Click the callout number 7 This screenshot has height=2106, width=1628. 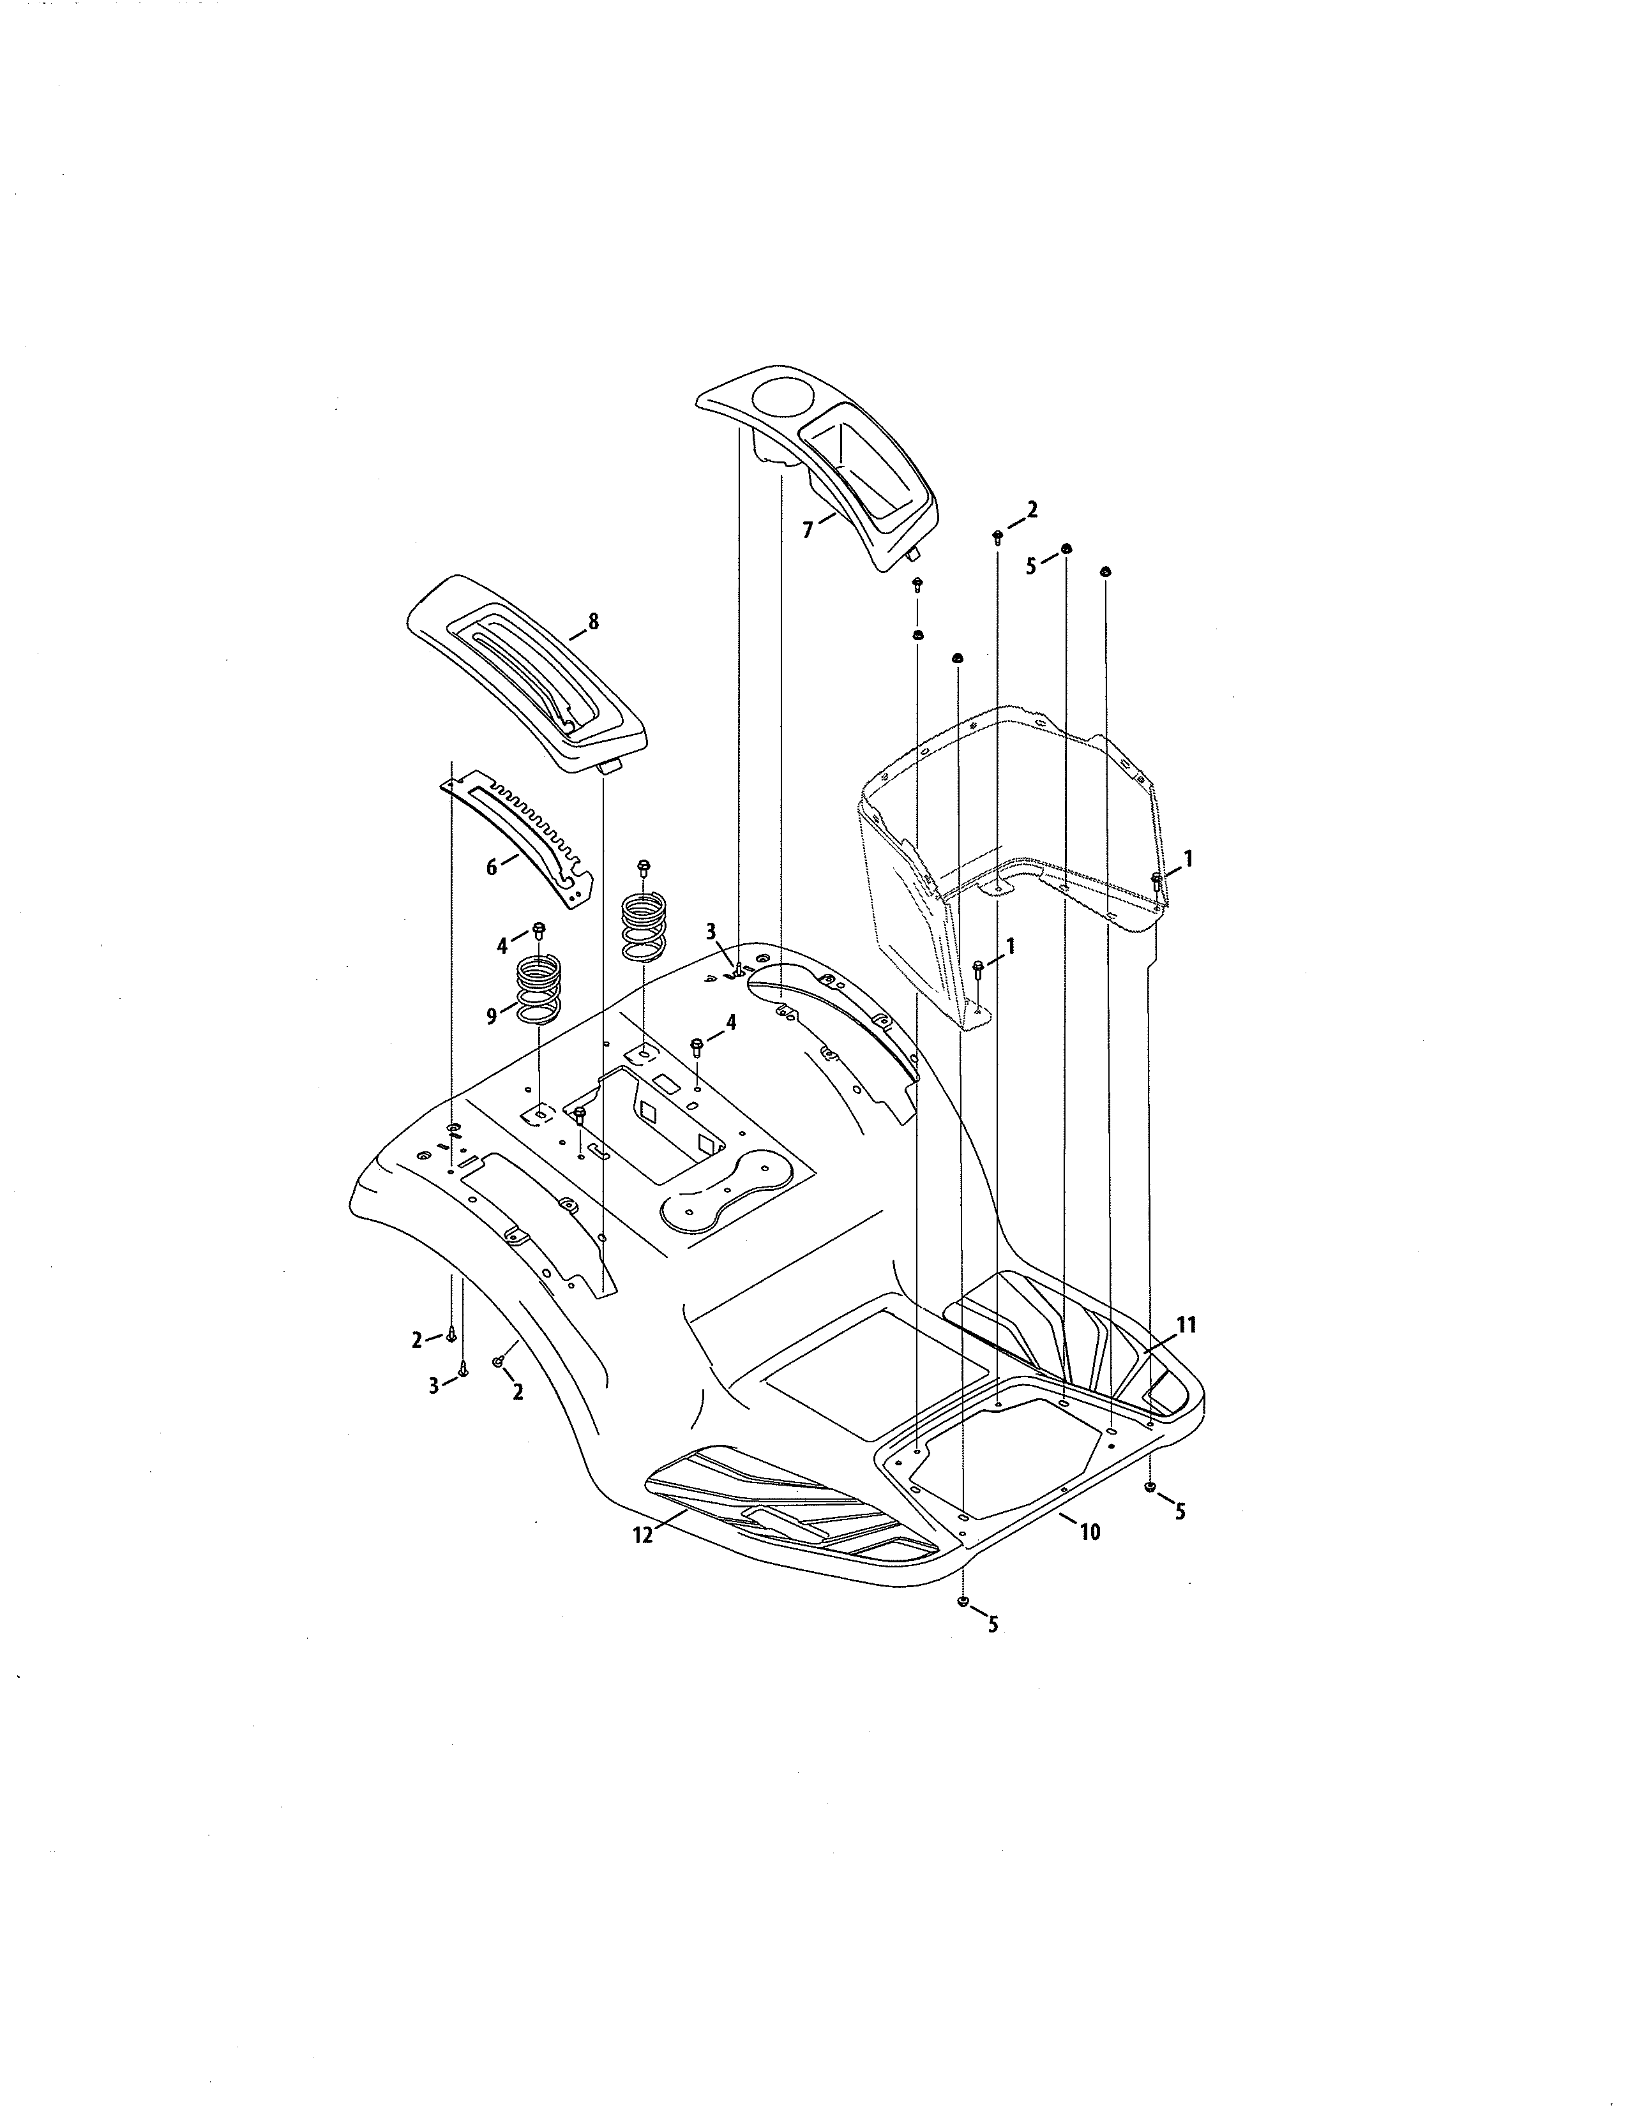(x=807, y=530)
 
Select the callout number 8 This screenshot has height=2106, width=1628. (x=593, y=622)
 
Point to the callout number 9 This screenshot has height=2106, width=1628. (x=492, y=1017)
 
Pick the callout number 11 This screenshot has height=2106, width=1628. (x=1186, y=1325)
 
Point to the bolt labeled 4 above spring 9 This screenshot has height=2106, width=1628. (x=539, y=930)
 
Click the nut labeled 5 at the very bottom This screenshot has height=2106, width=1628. (x=963, y=1602)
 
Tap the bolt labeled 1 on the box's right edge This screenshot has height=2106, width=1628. (x=1156, y=879)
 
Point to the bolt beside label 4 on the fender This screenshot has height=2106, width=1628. (x=697, y=1045)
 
